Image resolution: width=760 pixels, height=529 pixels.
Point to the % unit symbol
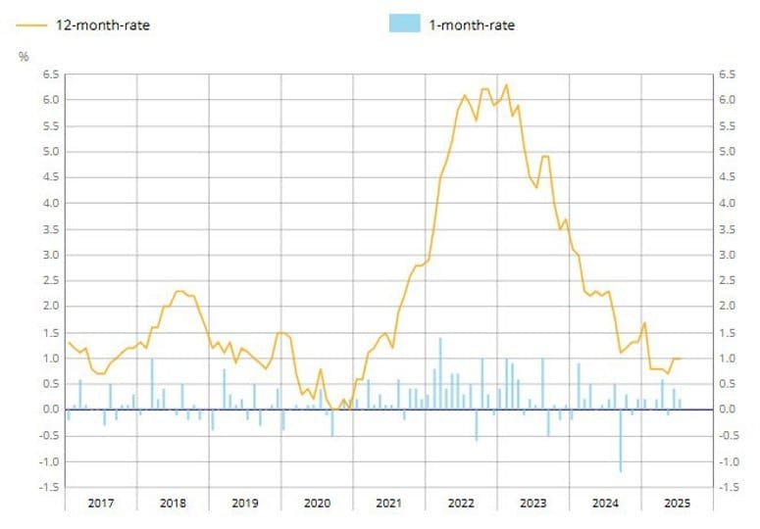coord(24,56)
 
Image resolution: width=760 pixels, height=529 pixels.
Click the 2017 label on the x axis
coord(101,503)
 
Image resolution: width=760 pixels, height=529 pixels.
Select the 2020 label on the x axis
coord(317,503)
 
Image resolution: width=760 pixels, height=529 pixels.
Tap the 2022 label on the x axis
coord(461,503)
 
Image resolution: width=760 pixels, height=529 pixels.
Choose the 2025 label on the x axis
coord(677,503)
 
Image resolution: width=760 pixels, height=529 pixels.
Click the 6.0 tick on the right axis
coord(727,100)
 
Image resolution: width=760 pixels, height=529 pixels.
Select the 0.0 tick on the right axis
coord(727,409)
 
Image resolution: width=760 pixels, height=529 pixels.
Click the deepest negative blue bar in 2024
coord(620,441)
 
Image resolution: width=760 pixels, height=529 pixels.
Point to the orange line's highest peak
coord(506,84)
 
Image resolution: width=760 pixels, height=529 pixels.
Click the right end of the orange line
coord(681,359)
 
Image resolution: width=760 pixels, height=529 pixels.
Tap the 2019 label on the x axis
coord(245,503)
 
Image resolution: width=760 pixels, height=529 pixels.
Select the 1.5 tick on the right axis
coord(727,332)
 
